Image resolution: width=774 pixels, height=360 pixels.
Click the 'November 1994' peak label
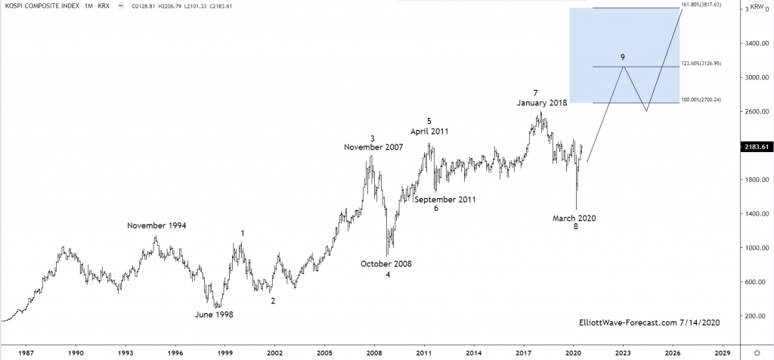(156, 225)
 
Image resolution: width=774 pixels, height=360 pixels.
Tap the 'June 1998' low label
(215, 315)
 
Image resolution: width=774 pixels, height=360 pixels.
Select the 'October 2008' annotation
(385, 264)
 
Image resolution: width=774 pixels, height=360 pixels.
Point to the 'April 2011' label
(429, 131)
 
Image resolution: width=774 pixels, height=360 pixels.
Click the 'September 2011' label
(445, 200)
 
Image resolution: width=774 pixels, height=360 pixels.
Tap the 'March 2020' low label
(574, 219)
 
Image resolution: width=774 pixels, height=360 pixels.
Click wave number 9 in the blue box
(622, 57)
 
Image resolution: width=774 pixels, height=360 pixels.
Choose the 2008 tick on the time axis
(373, 352)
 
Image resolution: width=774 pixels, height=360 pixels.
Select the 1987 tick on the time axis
(26, 352)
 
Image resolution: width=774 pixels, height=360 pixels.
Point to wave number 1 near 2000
(243, 234)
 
